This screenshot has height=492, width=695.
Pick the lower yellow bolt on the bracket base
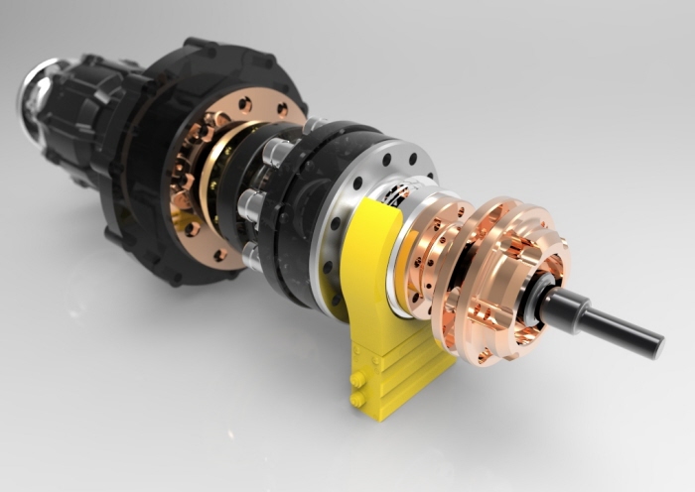point(355,399)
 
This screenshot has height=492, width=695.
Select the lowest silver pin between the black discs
point(251,256)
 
